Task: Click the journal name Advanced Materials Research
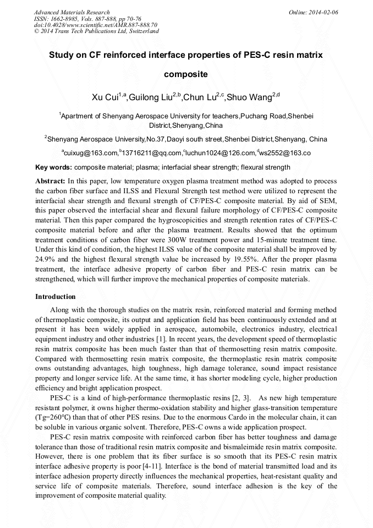pyautogui.click(x=72, y=12)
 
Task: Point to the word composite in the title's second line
pyautogui.click(x=186, y=74)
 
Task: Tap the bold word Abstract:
pyautogui.click(x=50, y=181)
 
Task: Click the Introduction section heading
pyautogui.click(x=56, y=297)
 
